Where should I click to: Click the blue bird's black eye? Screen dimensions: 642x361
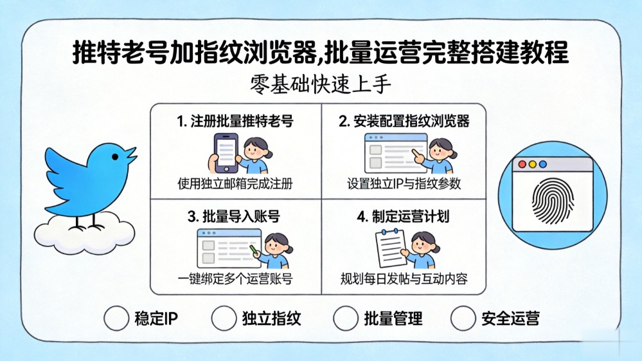(x=115, y=157)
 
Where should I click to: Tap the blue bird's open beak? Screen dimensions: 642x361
(x=130, y=155)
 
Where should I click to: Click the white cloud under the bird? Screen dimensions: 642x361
(x=84, y=233)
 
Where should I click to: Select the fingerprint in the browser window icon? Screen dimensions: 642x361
(x=553, y=201)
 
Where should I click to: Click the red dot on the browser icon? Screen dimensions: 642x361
(x=522, y=164)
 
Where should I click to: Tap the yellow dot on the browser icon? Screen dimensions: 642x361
(x=532, y=164)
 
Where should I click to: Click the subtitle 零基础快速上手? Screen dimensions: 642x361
(x=321, y=84)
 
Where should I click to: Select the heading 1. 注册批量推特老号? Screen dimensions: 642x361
(x=235, y=121)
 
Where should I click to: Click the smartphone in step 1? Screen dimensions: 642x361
(x=225, y=153)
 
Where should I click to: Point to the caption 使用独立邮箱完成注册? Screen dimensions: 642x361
(x=235, y=183)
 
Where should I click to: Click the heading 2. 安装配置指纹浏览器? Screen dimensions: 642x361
(x=404, y=121)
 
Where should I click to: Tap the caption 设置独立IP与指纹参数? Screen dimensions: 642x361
(x=404, y=183)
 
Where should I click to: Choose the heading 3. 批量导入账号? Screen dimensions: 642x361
(x=234, y=216)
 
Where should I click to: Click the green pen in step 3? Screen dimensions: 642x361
(x=253, y=249)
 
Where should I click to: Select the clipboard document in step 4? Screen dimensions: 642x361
(x=391, y=248)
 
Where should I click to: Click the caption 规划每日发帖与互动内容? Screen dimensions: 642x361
(x=404, y=279)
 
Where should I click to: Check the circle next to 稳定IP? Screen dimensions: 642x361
(x=116, y=318)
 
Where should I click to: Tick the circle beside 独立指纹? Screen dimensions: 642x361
(x=224, y=318)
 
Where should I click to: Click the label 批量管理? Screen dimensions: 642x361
(x=393, y=319)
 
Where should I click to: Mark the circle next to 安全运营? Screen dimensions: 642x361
(x=463, y=318)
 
